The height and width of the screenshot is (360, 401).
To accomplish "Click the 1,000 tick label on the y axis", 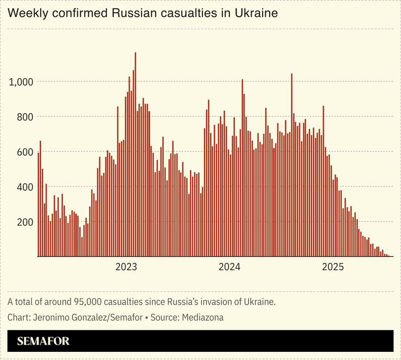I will tap(22, 82).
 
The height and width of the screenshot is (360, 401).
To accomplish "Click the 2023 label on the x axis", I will tap(126, 267).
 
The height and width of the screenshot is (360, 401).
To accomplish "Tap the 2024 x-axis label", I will tap(229, 267).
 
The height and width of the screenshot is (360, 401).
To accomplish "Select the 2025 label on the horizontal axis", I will tap(333, 267).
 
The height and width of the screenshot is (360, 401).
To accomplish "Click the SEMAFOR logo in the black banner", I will tap(43, 342).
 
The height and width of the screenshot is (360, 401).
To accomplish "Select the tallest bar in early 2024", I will tap(242, 168).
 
